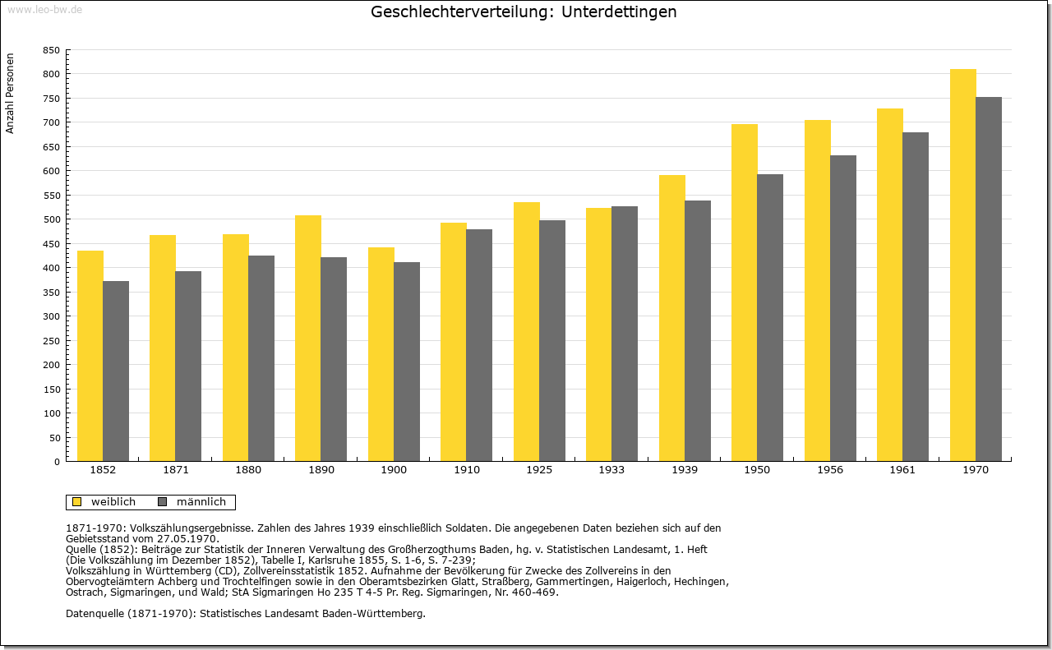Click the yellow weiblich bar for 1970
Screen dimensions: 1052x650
(x=962, y=265)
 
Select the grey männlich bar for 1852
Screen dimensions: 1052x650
(x=116, y=371)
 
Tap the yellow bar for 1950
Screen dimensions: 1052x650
(x=745, y=293)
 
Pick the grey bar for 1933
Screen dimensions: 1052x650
(x=625, y=334)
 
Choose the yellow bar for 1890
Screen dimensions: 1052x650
(x=308, y=339)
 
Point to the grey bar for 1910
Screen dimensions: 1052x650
(x=479, y=345)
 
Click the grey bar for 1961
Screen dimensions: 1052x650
(x=916, y=297)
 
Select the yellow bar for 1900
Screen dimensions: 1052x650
(x=381, y=354)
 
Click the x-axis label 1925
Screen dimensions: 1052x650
(x=539, y=470)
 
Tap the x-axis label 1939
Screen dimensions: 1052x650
(x=685, y=470)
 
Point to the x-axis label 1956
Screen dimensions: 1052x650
(x=830, y=470)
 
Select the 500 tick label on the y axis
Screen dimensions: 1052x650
(x=51, y=219)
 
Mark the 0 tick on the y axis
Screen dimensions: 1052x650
(x=57, y=462)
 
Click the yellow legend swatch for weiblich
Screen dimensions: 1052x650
(x=76, y=501)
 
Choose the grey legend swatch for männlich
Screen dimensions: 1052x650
(x=162, y=501)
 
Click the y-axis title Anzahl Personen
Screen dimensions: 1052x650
(x=10, y=93)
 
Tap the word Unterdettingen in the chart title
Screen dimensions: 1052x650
(x=619, y=12)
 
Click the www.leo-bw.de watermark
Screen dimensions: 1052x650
(x=44, y=9)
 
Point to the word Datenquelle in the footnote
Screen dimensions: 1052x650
(x=95, y=613)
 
